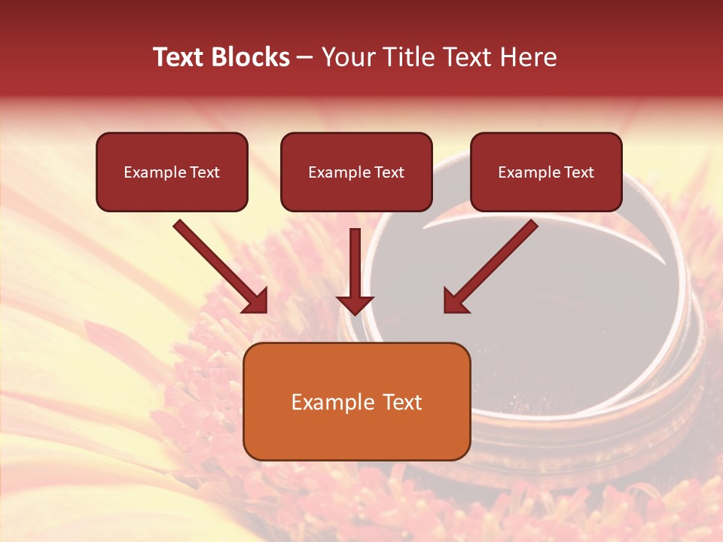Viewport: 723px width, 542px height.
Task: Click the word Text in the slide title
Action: pyautogui.click(x=179, y=57)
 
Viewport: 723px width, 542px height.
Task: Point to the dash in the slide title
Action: pyautogui.click(x=305, y=58)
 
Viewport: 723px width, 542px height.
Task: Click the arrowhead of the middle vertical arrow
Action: pyautogui.click(x=355, y=305)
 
